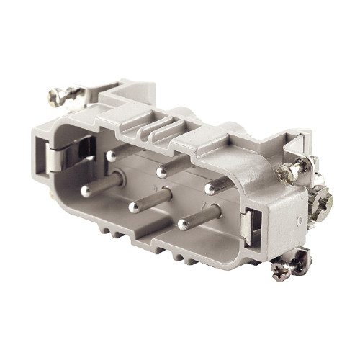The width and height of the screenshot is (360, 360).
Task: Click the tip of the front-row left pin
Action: click(x=86, y=191)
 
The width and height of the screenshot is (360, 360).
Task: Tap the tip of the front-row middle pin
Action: click(x=133, y=207)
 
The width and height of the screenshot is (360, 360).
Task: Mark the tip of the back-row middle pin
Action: click(x=161, y=172)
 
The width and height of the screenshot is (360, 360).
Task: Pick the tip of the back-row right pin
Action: click(x=210, y=188)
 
